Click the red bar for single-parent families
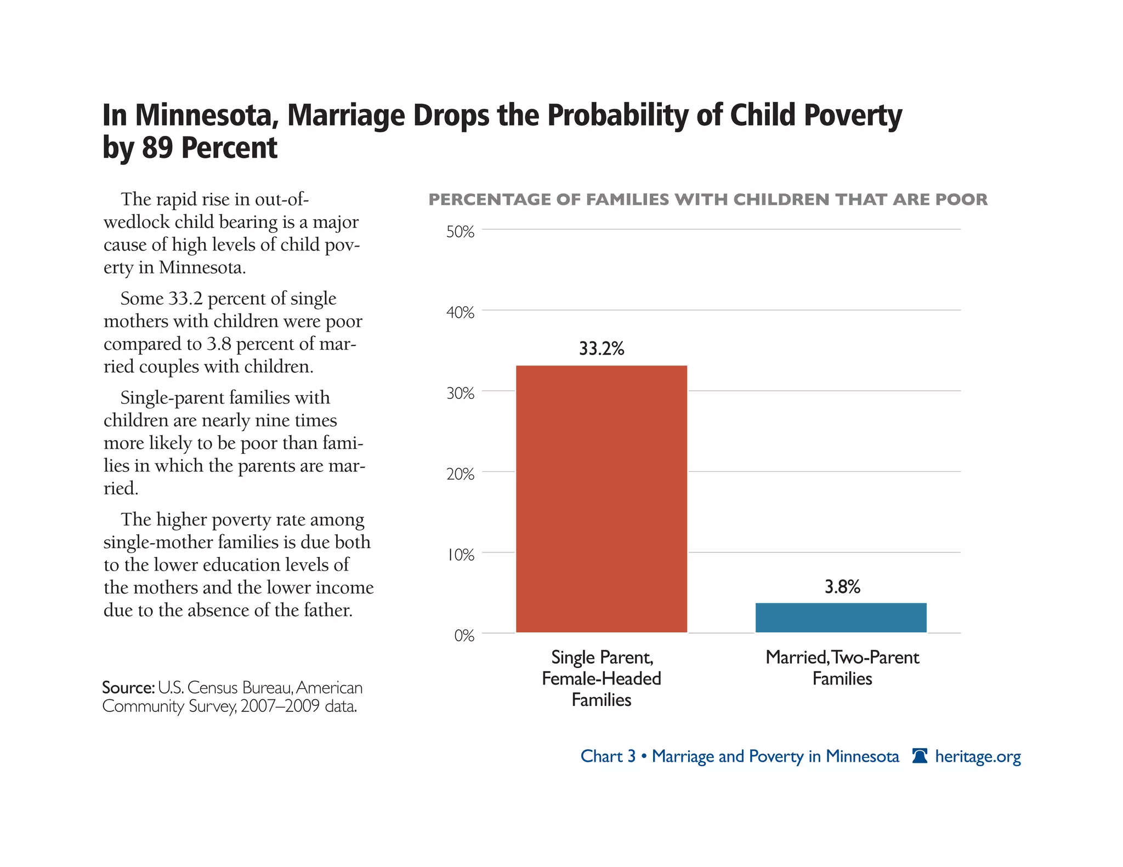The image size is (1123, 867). tap(601, 499)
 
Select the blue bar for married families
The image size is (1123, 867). tap(841, 618)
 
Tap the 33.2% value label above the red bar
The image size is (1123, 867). tap(602, 349)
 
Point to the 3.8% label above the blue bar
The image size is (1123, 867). tap(842, 587)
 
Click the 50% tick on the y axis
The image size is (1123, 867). tap(460, 232)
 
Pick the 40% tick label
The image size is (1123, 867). tap(460, 312)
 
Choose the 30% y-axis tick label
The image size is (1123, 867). tap(460, 393)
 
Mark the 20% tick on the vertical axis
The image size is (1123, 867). tap(460, 474)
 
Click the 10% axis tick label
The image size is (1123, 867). tap(460, 555)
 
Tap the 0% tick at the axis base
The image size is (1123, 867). tap(464, 635)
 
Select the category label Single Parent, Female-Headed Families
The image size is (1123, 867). tap(602, 678)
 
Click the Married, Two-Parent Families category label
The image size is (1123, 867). tap(842, 668)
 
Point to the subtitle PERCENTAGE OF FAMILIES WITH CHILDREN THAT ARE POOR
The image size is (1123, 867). tap(707, 199)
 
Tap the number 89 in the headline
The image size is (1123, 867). tap(158, 148)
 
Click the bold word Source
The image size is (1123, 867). tap(128, 687)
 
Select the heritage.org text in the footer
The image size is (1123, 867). tap(978, 756)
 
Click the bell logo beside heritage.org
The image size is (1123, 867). tap(920, 756)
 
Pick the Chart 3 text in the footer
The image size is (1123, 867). tap(608, 756)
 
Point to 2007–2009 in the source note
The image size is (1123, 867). tap(280, 706)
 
